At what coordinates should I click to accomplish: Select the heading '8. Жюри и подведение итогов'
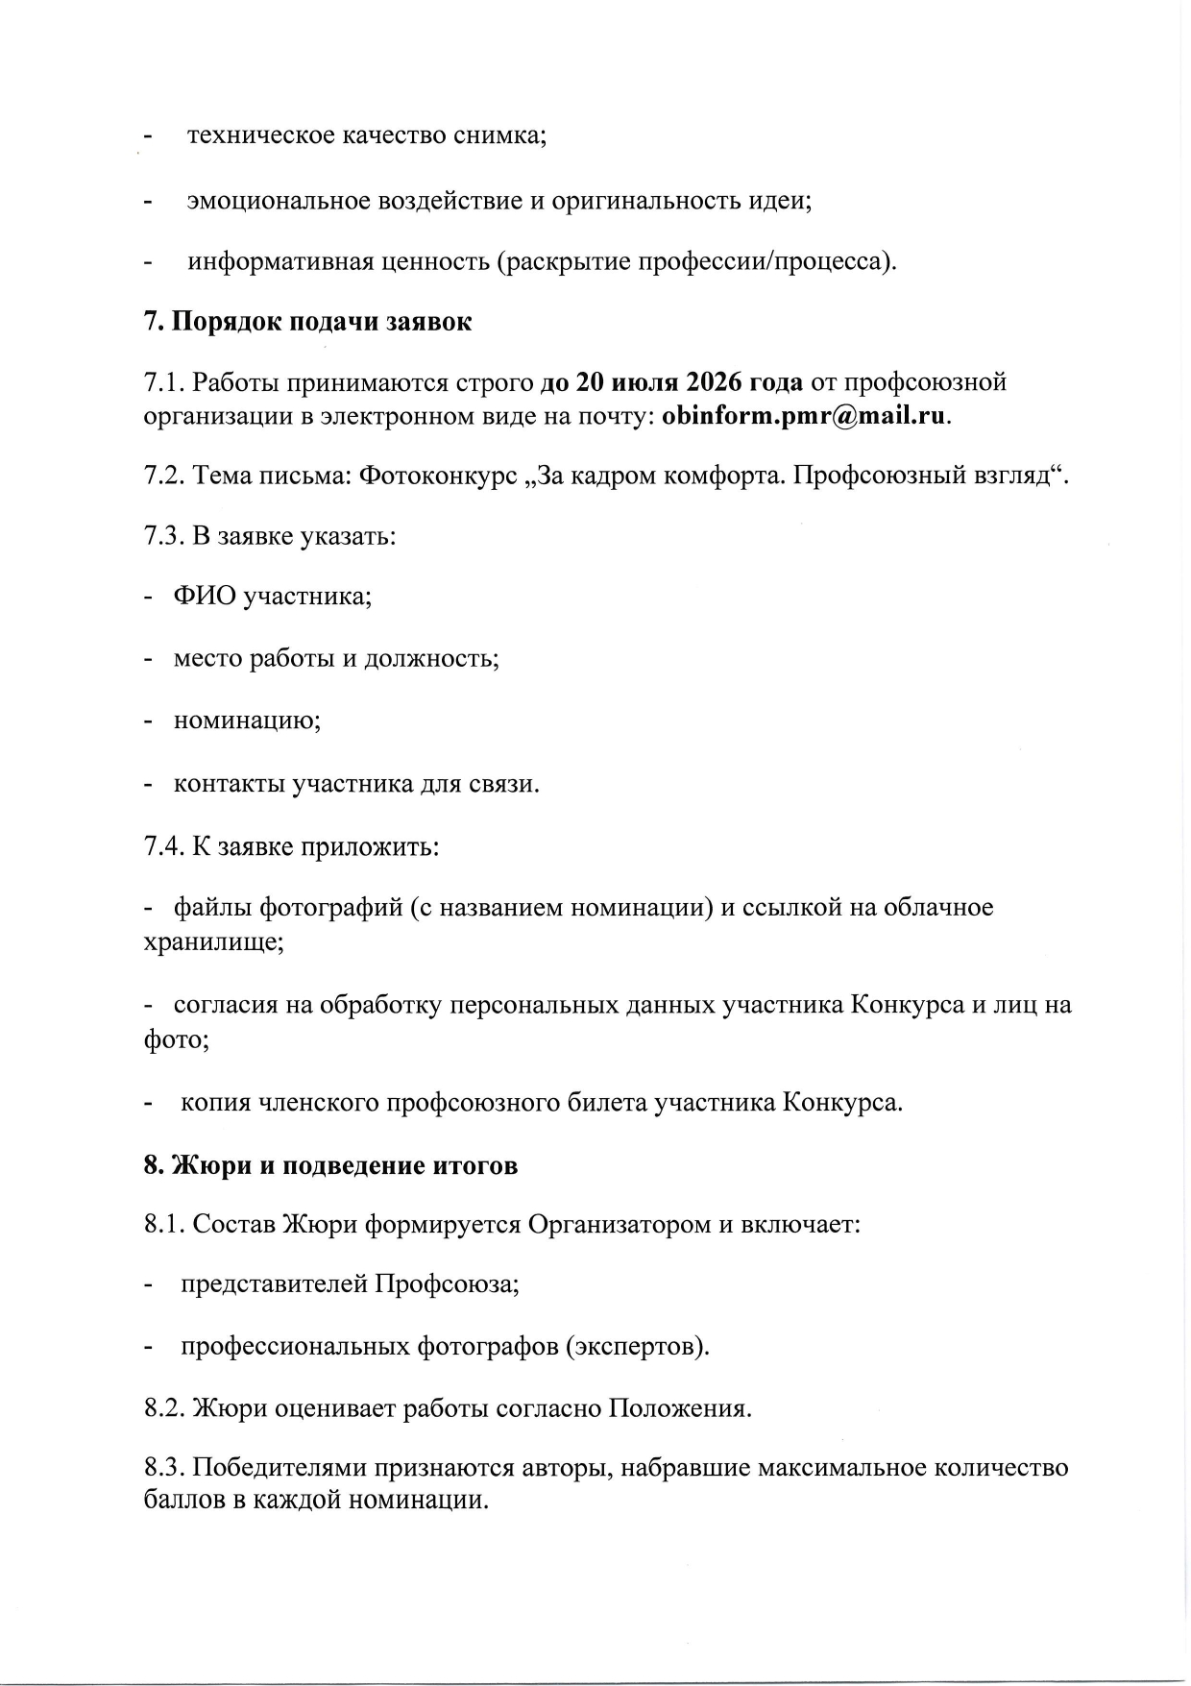click(330, 1165)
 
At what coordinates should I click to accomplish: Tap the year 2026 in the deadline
click(714, 382)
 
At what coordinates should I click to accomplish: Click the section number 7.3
click(164, 535)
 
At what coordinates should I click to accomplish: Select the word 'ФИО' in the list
click(205, 597)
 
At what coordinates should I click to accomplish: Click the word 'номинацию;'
click(247, 721)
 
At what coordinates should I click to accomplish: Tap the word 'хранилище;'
click(213, 941)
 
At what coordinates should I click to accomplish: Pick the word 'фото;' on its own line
click(177, 1039)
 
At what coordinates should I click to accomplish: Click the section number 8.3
click(164, 1468)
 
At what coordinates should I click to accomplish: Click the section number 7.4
click(164, 847)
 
